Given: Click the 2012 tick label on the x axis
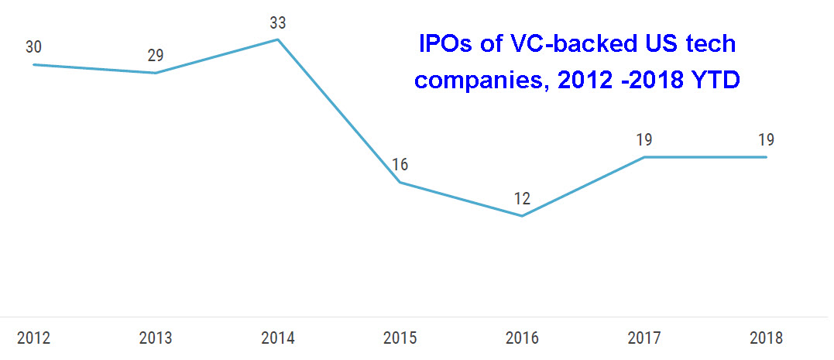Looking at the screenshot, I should point(33,338).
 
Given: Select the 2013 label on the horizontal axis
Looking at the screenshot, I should point(156,338).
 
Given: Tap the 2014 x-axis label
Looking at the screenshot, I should point(278,338).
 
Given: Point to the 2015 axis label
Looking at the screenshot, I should point(400,338).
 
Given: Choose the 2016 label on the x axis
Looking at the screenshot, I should point(522,338).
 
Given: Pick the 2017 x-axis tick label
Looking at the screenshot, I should point(644,338).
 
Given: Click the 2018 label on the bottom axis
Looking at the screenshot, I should point(767,338).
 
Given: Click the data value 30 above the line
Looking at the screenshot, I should point(33,47).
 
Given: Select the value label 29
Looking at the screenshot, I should point(156,56).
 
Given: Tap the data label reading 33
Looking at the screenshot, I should point(278,22).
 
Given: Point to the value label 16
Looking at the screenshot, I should point(400,165).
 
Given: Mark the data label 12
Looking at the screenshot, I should point(522,199).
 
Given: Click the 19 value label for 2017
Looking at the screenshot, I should point(644,140).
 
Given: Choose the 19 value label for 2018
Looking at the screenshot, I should point(767,140).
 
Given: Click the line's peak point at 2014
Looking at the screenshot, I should point(278,39).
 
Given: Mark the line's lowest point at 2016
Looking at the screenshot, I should point(522,216).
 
